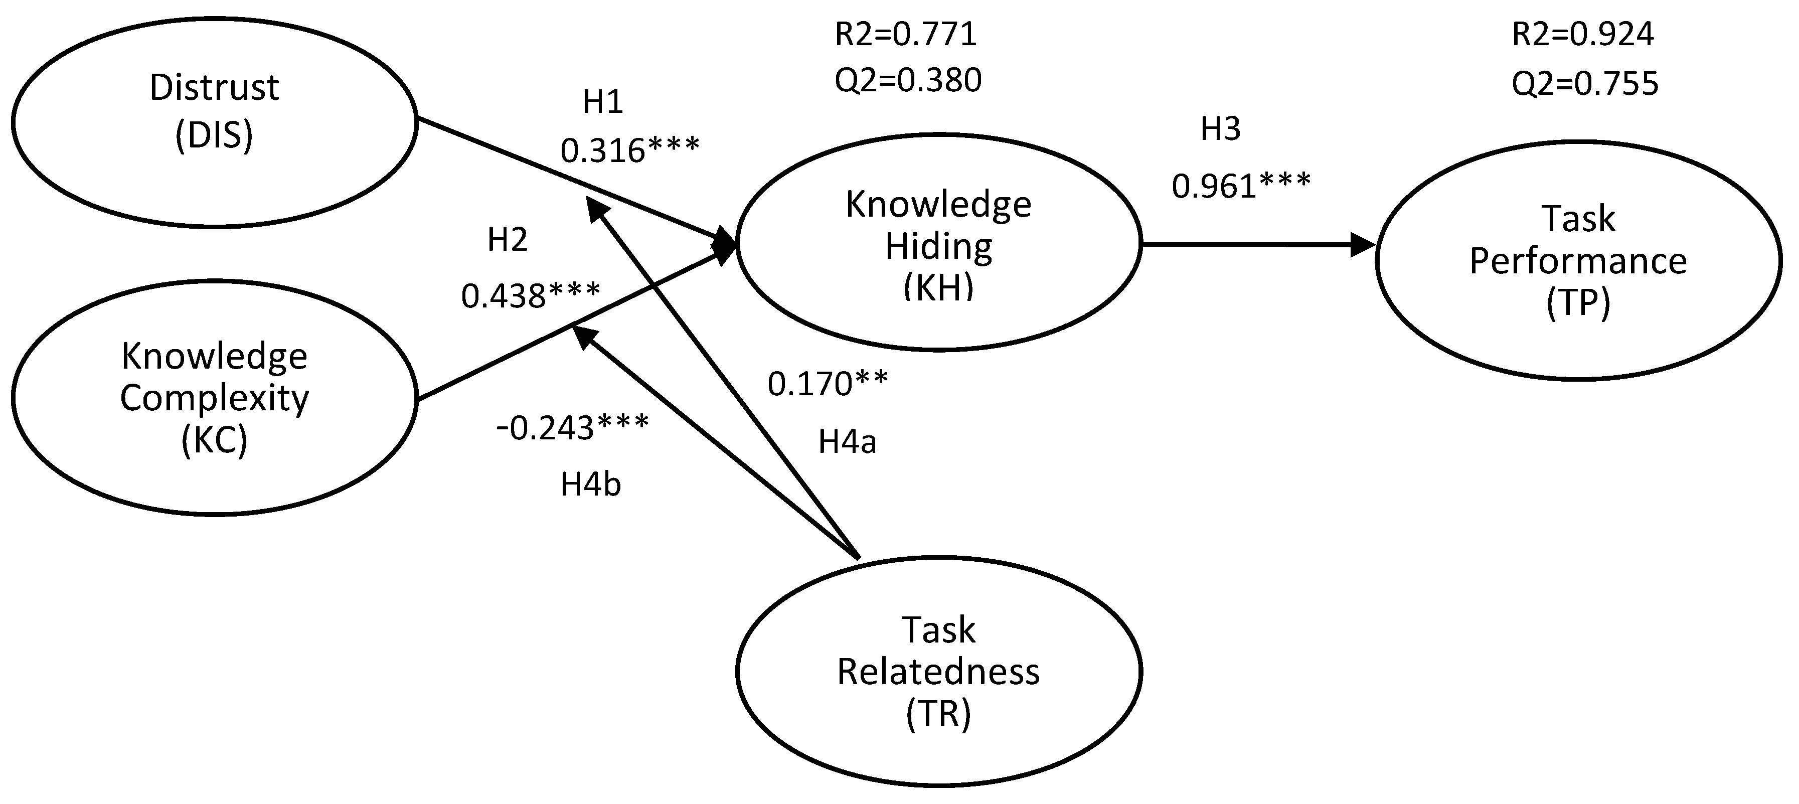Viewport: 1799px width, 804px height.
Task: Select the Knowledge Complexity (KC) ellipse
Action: pos(214,397)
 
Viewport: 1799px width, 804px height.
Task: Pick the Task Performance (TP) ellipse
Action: pos(1578,260)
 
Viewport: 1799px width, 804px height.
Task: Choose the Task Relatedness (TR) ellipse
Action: pos(938,671)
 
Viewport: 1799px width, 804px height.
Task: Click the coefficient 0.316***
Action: pos(629,150)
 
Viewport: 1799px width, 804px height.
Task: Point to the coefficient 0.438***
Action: pos(530,295)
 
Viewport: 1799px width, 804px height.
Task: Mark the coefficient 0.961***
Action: pos(1241,186)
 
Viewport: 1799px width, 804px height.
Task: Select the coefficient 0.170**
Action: pos(828,384)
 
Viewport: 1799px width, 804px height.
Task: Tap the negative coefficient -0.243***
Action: pos(572,427)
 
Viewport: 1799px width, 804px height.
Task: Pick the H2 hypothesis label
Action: pos(507,240)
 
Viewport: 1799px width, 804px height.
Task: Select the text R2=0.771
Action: pos(905,34)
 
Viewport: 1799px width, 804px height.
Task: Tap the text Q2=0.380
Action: pos(908,80)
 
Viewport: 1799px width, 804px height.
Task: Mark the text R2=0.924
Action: pos(1582,34)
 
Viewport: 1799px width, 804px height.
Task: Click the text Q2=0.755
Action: pos(1585,84)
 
